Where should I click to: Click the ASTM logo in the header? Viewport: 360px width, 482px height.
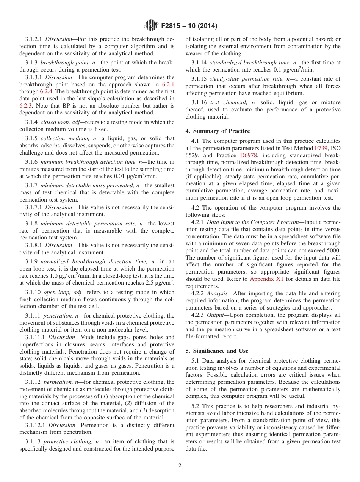pyautogui.click(x=152, y=26)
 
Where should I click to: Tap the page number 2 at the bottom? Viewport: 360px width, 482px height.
pyautogui.click(x=180, y=466)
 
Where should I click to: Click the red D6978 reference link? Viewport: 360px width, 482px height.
pyautogui.click(x=248, y=155)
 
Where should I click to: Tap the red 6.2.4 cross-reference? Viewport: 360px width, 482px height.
pyautogui.click(x=47, y=91)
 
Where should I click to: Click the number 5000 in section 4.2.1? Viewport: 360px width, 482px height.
pyautogui.click(x=332, y=250)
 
